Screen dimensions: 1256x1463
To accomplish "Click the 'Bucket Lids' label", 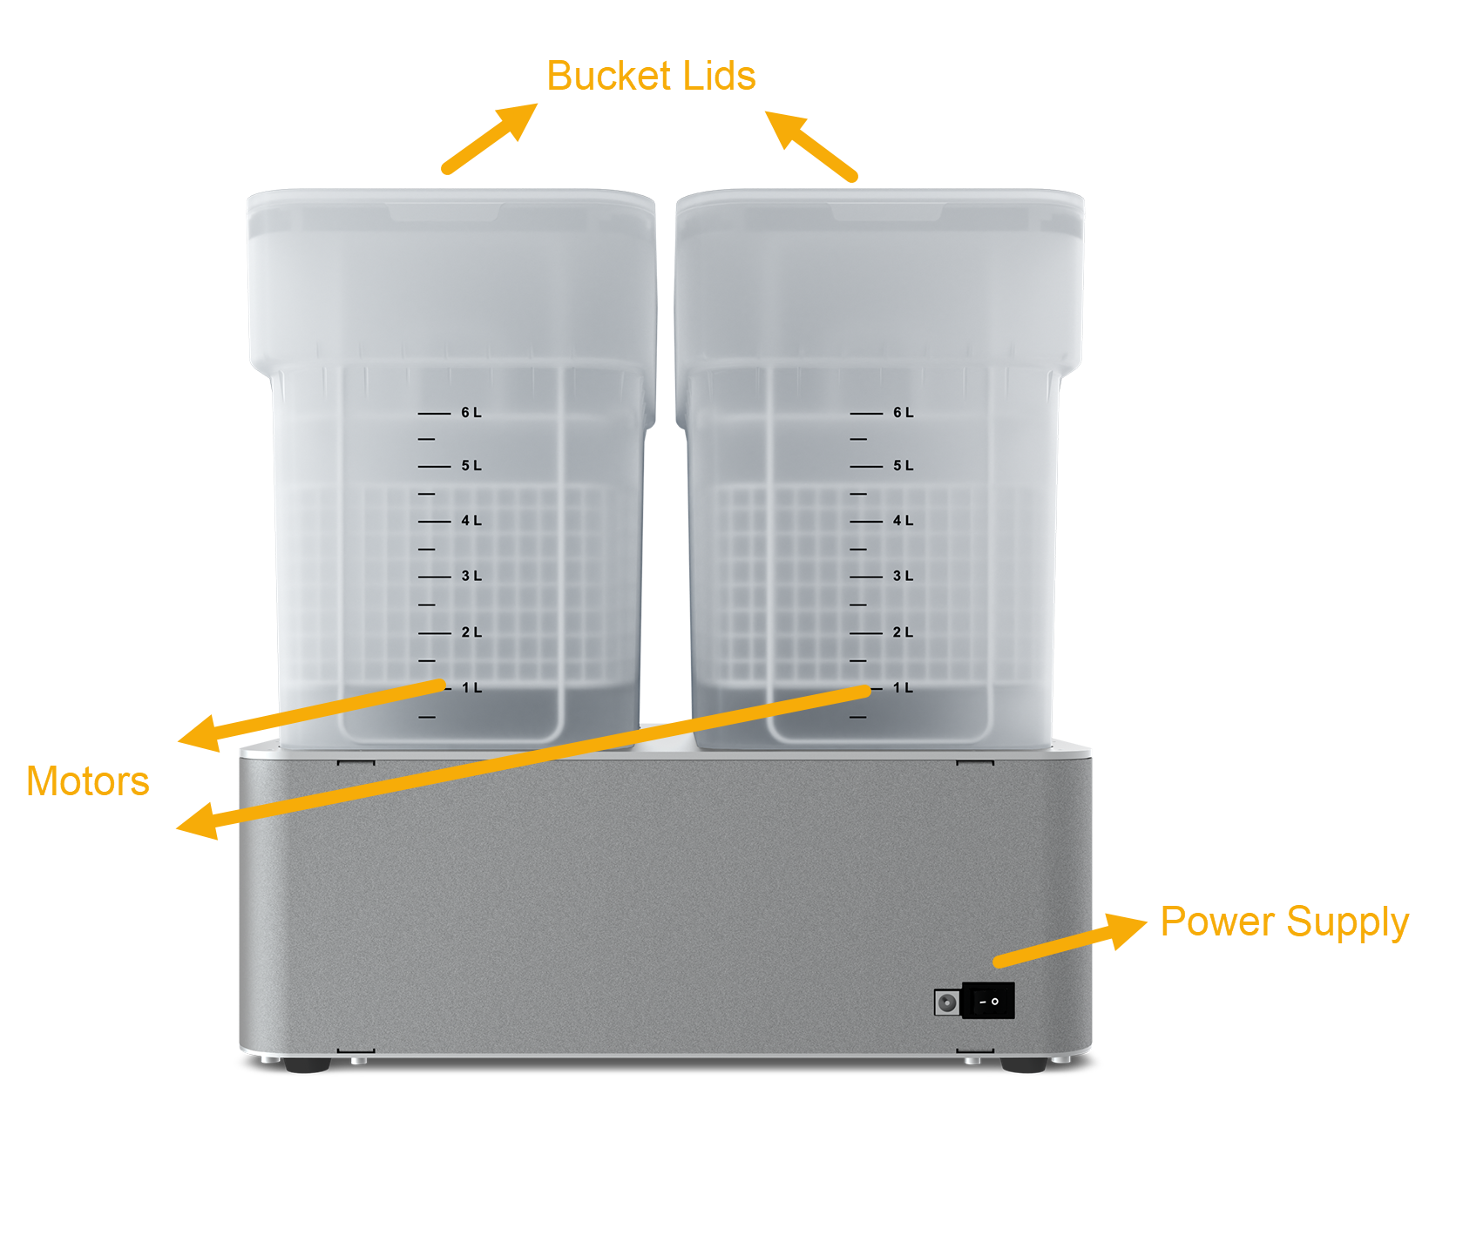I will click(x=650, y=77).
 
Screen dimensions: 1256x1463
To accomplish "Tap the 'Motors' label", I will click(x=87, y=781).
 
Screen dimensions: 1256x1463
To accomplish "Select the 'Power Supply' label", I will click(x=1284, y=922).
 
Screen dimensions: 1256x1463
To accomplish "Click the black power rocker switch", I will click(x=988, y=1002).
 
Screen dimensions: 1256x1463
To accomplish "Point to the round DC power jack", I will click(x=947, y=1003).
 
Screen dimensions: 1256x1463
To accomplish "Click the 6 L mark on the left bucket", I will click(x=471, y=413).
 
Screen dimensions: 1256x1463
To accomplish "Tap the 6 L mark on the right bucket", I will click(x=903, y=413).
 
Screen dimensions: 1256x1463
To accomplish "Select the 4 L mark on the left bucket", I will click(x=471, y=521).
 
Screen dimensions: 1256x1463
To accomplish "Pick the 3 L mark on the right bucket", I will click(x=903, y=577).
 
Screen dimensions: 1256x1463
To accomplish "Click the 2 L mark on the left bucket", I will click(x=471, y=632).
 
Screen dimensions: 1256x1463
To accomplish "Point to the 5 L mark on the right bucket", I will click(x=903, y=466).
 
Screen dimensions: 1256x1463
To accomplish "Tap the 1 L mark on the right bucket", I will click(x=903, y=688).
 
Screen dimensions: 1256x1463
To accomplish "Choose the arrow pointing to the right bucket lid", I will click(x=809, y=145).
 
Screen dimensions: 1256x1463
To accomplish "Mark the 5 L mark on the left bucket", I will click(x=471, y=466).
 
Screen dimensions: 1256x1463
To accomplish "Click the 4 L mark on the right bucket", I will click(x=903, y=521).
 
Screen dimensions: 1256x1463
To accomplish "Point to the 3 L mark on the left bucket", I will click(x=471, y=577).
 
